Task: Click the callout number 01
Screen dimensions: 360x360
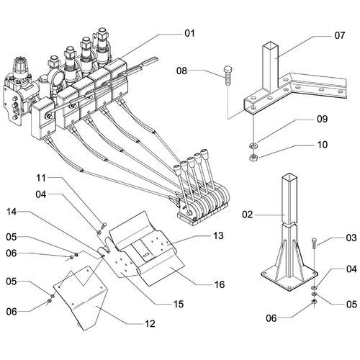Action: (x=189, y=33)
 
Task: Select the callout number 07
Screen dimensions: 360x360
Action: (x=340, y=35)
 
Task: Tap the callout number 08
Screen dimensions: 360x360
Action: (x=181, y=71)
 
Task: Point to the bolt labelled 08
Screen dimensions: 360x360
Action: (x=227, y=76)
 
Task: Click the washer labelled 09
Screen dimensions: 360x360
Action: (x=253, y=145)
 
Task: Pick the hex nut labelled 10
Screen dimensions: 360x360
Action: (x=253, y=158)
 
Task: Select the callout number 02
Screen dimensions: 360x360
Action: (x=247, y=215)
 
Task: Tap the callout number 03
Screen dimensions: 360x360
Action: (x=351, y=238)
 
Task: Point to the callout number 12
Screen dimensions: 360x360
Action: (x=150, y=324)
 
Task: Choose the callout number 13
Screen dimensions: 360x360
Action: (x=218, y=235)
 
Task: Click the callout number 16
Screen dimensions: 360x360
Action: (x=220, y=284)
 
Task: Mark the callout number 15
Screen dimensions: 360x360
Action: (x=179, y=304)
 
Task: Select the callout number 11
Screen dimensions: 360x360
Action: (x=41, y=178)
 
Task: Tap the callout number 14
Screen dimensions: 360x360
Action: (x=12, y=212)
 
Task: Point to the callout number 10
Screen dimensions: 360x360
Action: (x=323, y=145)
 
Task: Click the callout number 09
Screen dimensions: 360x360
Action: (x=322, y=119)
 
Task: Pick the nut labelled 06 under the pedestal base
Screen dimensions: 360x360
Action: (x=314, y=302)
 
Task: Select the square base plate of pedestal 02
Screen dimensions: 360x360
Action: (x=289, y=279)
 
